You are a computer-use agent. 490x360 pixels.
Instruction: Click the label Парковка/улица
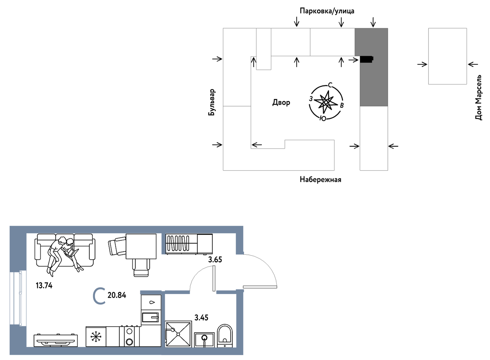(327, 11)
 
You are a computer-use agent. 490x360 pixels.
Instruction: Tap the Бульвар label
(212, 102)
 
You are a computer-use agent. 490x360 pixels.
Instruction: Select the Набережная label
(320, 180)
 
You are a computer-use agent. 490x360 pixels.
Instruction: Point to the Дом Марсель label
(478, 97)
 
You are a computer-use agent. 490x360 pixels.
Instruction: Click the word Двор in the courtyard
(281, 102)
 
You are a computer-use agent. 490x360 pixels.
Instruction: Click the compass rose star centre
(326, 102)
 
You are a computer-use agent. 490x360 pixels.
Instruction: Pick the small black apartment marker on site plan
(367, 59)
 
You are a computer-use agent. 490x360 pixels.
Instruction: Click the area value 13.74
(44, 285)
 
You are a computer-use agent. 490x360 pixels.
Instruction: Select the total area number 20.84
(117, 295)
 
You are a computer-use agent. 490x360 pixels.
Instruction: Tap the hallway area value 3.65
(215, 260)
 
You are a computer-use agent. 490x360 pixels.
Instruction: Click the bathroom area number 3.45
(201, 317)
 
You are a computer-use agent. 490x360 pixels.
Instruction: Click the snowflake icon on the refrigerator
(96, 337)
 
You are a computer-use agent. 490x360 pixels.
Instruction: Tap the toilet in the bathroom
(225, 336)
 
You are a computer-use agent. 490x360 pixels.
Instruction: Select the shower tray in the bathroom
(178, 334)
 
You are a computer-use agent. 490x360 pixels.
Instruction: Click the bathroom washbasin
(204, 340)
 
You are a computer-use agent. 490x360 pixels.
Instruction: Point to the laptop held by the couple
(72, 253)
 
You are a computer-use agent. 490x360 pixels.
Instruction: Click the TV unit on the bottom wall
(56, 341)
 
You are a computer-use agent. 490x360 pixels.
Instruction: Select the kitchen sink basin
(150, 317)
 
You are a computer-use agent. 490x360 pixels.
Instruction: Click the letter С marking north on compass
(330, 85)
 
